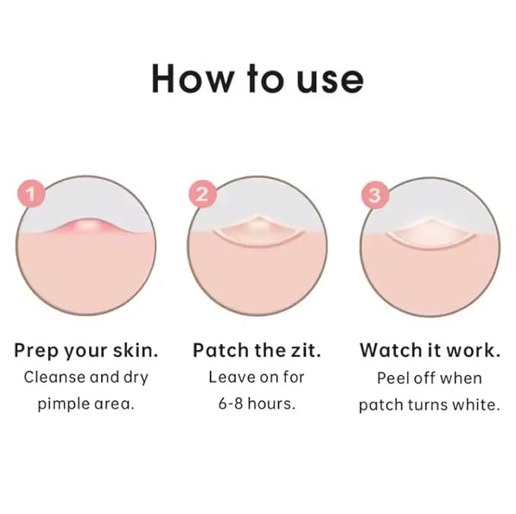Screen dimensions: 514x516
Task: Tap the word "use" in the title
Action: pos(328,78)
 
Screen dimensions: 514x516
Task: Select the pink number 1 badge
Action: pos(31,194)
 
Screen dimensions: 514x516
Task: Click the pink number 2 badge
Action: pos(201,194)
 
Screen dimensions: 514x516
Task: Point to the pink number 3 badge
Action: pos(372,194)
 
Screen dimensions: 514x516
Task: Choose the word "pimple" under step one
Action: pos(63,404)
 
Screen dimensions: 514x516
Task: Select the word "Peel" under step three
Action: pos(393,377)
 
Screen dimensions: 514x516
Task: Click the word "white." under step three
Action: pos(477,404)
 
